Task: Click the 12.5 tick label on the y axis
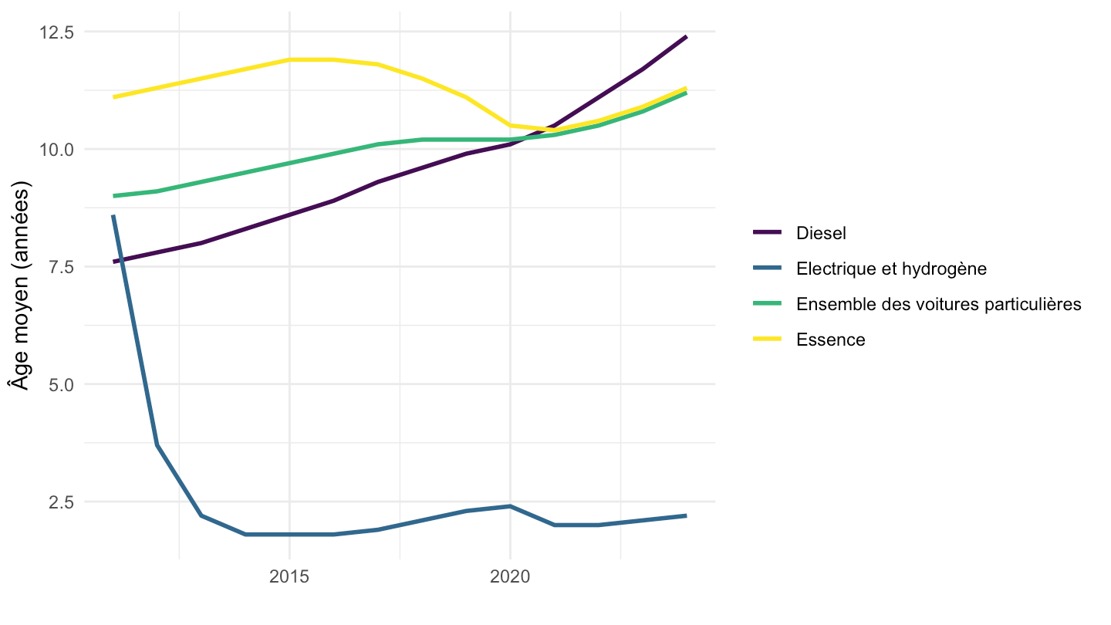click(56, 32)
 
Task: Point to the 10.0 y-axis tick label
click(56, 150)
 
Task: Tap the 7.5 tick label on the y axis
click(61, 267)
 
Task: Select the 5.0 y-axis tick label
click(61, 384)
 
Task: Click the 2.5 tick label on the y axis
click(61, 502)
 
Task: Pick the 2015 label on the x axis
click(289, 576)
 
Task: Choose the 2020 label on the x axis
click(510, 576)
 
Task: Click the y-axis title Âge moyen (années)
click(20, 285)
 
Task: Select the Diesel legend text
click(821, 233)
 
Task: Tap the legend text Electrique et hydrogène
click(891, 269)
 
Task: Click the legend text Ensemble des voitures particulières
click(938, 304)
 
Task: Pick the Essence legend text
click(831, 340)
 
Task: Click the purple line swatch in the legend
click(767, 232)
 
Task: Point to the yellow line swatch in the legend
click(767, 339)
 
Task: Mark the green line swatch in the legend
click(767, 303)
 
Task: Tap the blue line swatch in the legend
click(767, 268)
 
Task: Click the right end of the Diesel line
click(687, 37)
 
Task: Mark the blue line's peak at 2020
click(510, 506)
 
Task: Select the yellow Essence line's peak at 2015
click(289, 59)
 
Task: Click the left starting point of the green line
click(113, 196)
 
